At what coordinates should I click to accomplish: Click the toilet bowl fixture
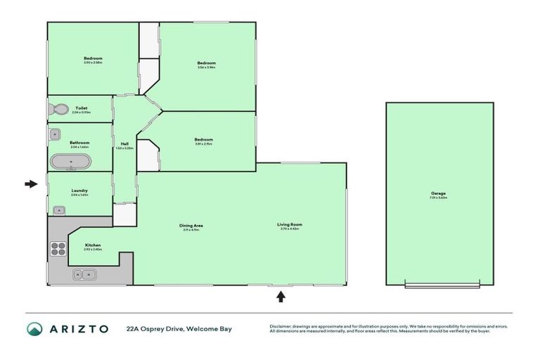tap(58, 110)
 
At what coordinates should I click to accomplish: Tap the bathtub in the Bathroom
tap(70, 162)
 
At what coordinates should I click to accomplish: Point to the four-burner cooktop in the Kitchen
tap(58, 248)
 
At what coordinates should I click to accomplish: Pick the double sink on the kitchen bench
tap(83, 275)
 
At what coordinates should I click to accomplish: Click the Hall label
tap(124, 143)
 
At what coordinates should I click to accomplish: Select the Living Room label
tap(290, 225)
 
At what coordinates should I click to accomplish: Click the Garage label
tap(439, 193)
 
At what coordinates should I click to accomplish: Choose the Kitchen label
tap(93, 245)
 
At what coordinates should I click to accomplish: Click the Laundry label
tap(79, 191)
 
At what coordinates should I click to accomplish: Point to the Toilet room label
tap(81, 108)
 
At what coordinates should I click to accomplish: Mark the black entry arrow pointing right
tap(30, 184)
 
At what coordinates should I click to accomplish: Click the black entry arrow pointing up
tap(281, 297)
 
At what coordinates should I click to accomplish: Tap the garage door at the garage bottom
tap(442, 285)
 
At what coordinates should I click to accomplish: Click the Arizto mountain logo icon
tap(34, 328)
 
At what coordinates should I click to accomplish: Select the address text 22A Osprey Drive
tap(157, 328)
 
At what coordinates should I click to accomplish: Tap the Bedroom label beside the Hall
tap(203, 139)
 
